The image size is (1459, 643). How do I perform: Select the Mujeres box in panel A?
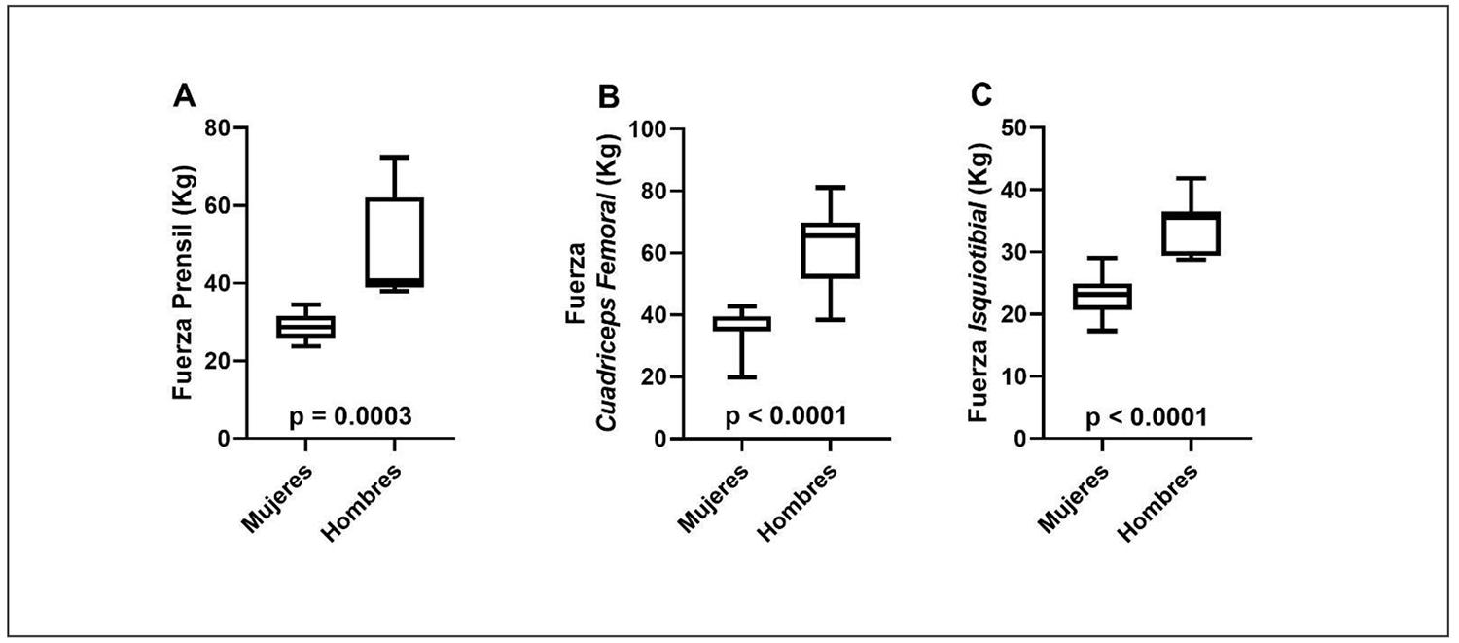[305, 327]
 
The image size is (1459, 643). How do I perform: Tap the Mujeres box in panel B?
[741, 323]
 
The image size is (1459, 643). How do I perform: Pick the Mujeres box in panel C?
[1103, 296]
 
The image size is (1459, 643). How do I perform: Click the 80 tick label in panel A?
[219, 128]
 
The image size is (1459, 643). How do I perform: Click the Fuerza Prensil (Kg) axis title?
[185, 282]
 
